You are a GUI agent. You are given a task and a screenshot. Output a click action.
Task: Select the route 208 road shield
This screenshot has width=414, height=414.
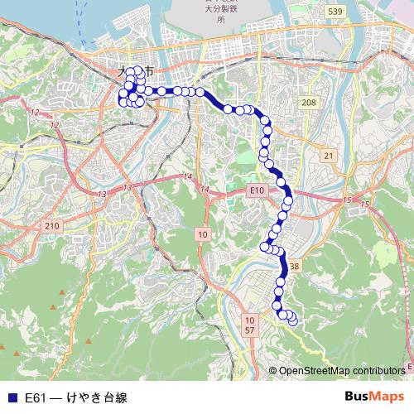[x=309, y=102]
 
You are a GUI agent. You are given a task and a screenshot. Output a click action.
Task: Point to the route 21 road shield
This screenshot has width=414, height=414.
[x=328, y=156]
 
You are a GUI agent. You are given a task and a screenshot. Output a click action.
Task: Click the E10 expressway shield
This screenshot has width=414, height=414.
[x=258, y=190]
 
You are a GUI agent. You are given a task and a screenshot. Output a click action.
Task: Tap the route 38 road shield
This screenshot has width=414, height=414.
[x=294, y=267]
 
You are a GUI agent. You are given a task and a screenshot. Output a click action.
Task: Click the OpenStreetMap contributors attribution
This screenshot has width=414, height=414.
[x=342, y=370]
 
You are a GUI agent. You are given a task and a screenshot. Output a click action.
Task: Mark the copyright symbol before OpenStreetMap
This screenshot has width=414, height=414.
[x=273, y=370]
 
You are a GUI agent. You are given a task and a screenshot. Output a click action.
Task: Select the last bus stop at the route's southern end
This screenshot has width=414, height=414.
[x=291, y=320]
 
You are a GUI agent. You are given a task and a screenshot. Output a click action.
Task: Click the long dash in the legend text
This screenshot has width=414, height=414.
[x=55, y=397]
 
